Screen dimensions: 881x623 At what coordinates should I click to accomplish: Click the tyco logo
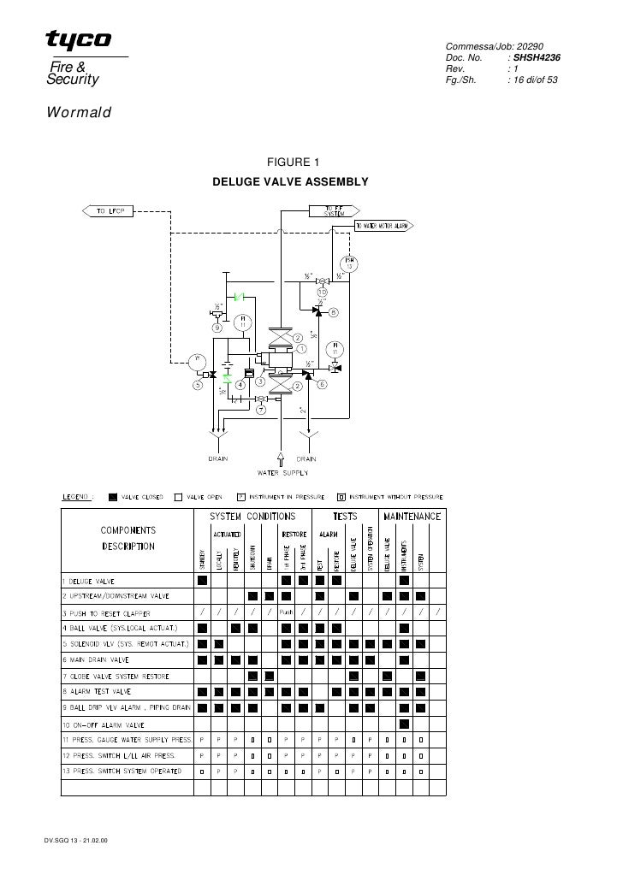click(x=78, y=40)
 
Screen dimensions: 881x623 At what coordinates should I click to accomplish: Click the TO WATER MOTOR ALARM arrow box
click(x=383, y=227)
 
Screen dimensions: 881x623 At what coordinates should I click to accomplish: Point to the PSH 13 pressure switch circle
click(x=349, y=263)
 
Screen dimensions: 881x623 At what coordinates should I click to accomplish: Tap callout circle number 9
click(x=217, y=327)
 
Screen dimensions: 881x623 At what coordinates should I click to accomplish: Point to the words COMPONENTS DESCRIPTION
click(x=128, y=537)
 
